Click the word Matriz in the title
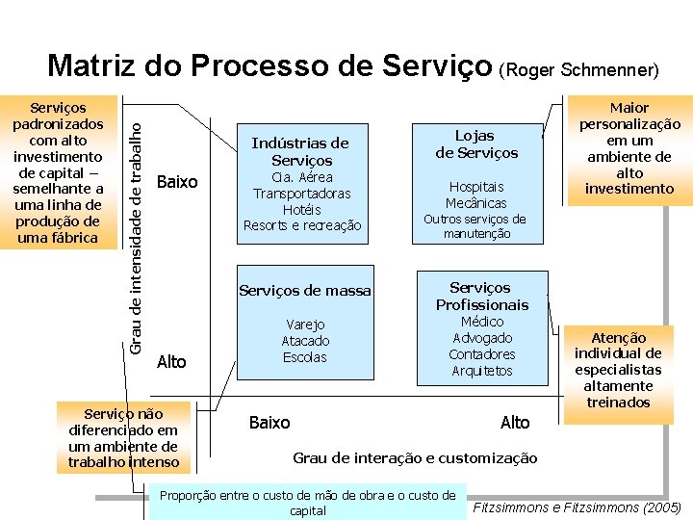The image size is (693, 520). (x=92, y=66)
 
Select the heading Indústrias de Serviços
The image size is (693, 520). (x=300, y=151)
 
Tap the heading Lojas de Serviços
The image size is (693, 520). (x=476, y=144)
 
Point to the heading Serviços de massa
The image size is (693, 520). (x=305, y=290)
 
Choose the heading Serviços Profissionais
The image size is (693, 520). (x=482, y=296)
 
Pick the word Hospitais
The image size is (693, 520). (x=475, y=187)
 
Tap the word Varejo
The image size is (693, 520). (x=304, y=325)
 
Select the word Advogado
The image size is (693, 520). (x=482, y=338)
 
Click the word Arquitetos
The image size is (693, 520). (x=482, y=371)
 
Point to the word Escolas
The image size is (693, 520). (x=304, y=357)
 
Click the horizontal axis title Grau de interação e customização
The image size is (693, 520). (x=415, y=458)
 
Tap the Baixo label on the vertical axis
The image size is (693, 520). (x=176, y=182)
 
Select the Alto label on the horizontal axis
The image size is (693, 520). (x=515, y=423)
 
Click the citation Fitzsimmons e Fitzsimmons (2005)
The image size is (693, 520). (x=577, y=507)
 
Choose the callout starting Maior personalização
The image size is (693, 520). (x=629, y=147)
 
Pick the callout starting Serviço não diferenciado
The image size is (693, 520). (x=123, y=438)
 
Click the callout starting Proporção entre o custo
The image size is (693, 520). (x=308, y=503)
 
